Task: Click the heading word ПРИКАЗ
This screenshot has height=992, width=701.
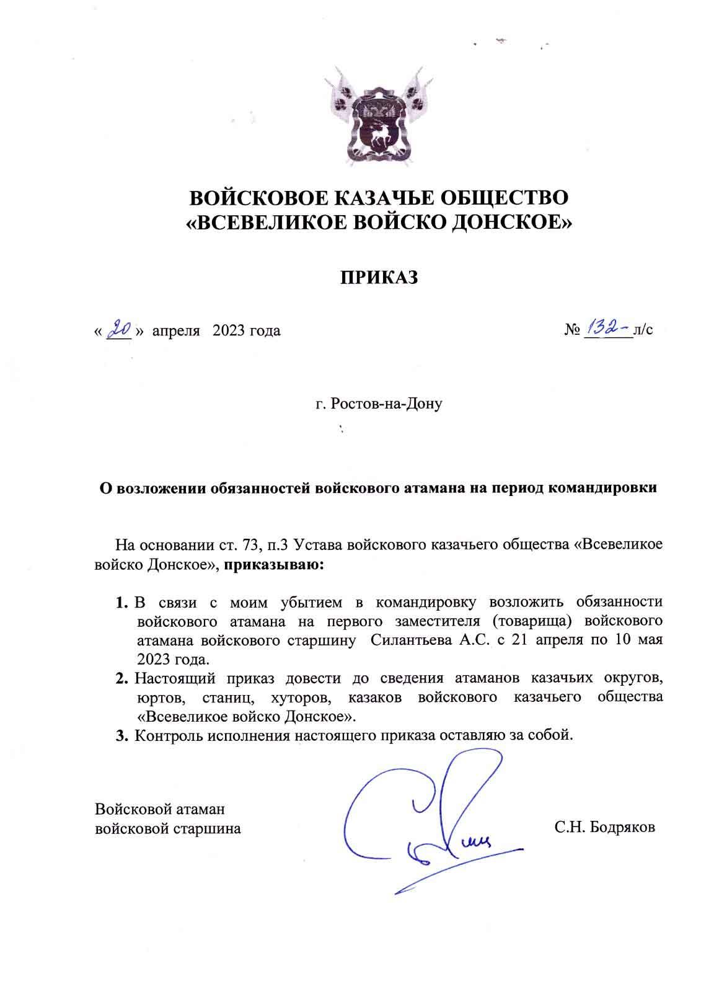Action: [x=377, y=277]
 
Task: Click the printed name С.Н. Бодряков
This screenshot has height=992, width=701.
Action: [x=605, y=827]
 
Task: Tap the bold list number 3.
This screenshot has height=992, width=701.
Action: [x=121, y=736]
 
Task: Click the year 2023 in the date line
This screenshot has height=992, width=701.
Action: [x=229, y=330]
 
